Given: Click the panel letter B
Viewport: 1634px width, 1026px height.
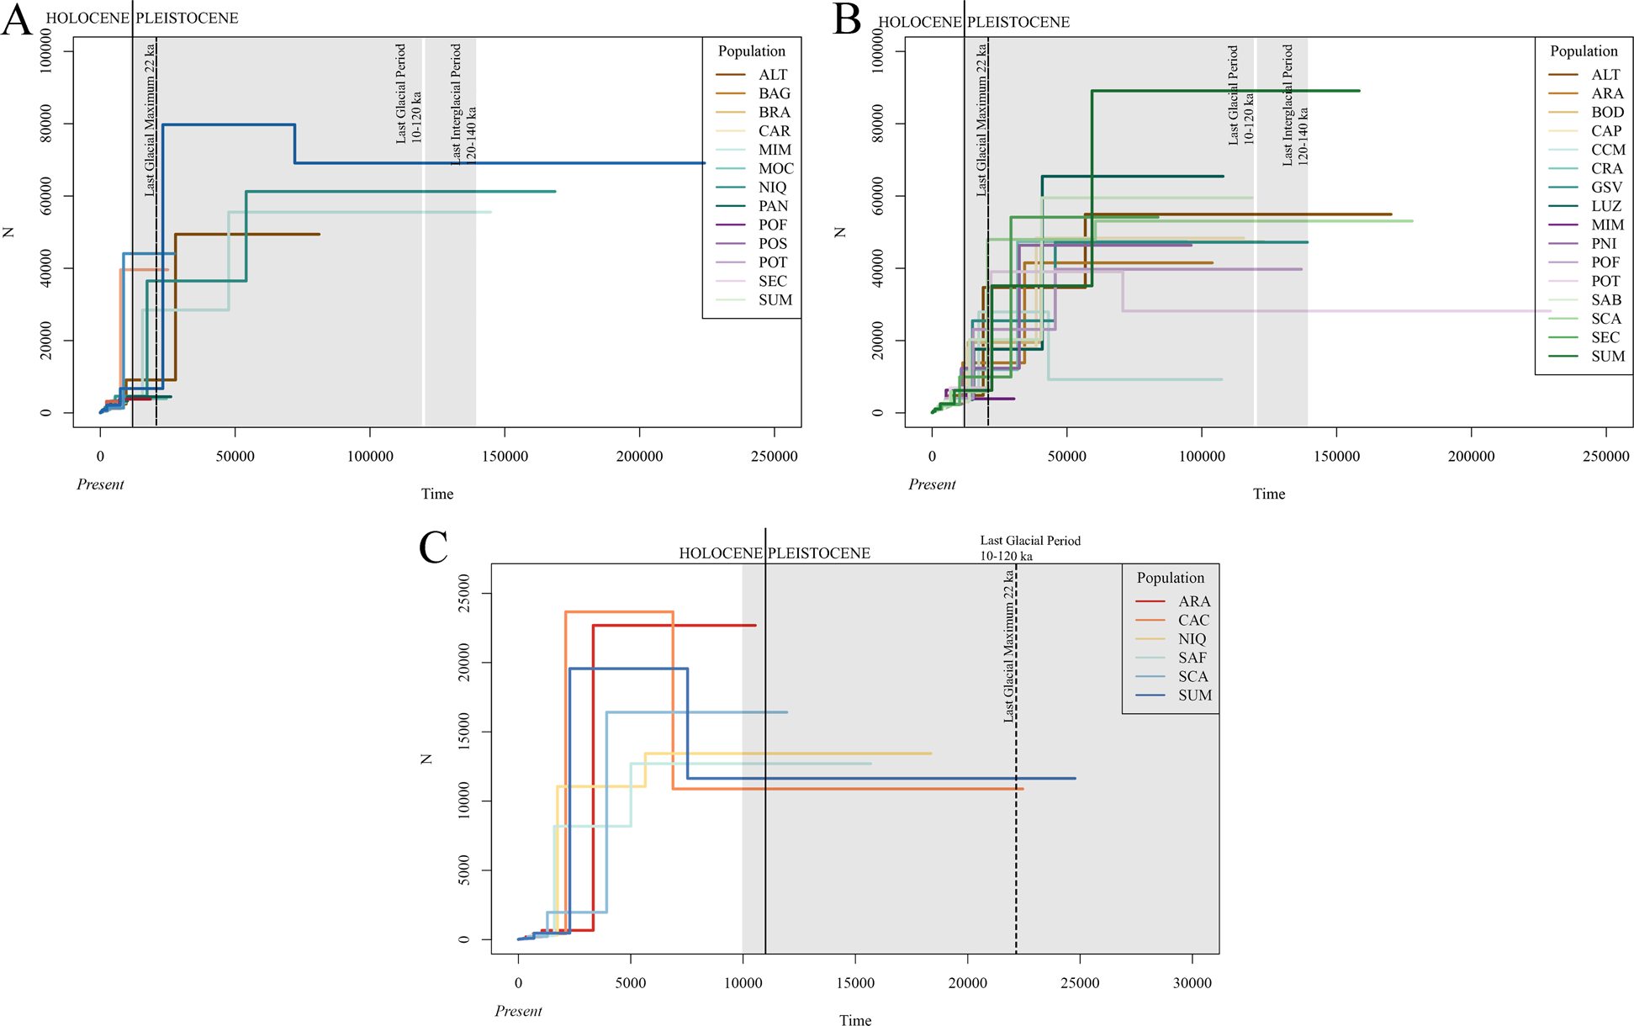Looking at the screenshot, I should [847, 20].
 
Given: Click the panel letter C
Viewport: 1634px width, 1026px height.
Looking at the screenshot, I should [434, 548].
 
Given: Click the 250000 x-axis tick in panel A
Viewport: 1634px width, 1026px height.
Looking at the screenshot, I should [774, 457].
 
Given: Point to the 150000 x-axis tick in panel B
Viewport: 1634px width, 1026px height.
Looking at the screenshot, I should [1336, 457].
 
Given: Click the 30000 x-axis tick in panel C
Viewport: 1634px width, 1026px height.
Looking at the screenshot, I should [1192, 983].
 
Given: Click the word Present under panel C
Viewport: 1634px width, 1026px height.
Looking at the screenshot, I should [518, 1011].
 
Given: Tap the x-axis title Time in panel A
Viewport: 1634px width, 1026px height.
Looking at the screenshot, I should [436, 494].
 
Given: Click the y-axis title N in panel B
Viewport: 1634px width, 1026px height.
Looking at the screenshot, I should [839, 232].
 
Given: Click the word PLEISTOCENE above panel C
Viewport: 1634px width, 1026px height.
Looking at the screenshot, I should [820, 553].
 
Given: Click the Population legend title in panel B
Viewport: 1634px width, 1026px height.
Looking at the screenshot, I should [1584, 51].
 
